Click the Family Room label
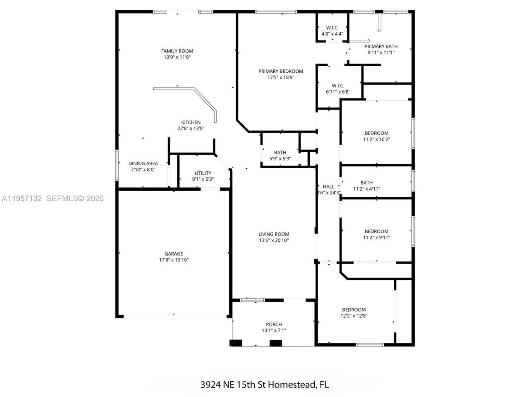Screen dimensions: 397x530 pyautogui.click(x=177, y=51)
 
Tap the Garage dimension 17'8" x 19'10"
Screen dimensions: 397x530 pyautogui.click(x=174, y=260)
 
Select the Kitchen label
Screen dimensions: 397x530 pyautogui.click(x=191, y=122)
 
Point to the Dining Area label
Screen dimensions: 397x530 pyautogui.click(x=143, y=163)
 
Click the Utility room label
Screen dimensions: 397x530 pyautogui.click(x=203, y=173)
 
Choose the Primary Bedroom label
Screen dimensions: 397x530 pyautogui.click(x=281, y=71)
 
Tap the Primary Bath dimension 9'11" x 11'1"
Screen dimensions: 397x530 pyautogui.click(x=381, y=53)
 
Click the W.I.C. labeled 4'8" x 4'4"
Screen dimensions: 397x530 pyautogui.click(x=332, y=31)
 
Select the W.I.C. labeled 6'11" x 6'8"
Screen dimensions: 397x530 pyautogui.click(x=338, y=88)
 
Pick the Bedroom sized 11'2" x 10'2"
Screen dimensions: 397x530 pyautogui.click(x=376, y=136)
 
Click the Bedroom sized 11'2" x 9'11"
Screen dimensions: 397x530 pyautogui.click(x=376, y=234)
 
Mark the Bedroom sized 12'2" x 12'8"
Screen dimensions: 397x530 pyautogui.click(x=354, y=313)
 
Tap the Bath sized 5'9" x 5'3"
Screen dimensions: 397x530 pyautogui.click(x=280, y=155)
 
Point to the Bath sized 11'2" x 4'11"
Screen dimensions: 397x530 pyautogui.click(x=366, y=186)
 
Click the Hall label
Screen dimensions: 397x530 pyautogui.click(x=328, y=187)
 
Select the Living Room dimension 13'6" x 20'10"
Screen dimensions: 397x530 pyautogui.click(x=274, y=240)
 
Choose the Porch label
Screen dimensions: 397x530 pyautogui.click(x=274, y=324)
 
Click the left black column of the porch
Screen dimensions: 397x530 pyautogui.click(x=236, y=343)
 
